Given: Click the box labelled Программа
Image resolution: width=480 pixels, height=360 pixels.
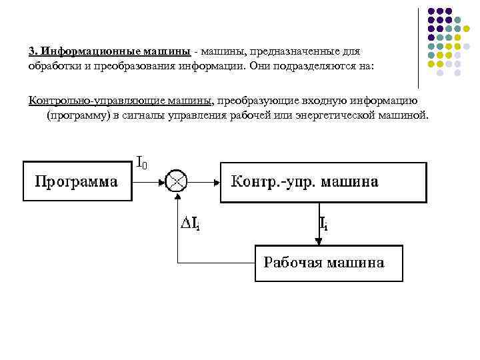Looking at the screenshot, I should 76,181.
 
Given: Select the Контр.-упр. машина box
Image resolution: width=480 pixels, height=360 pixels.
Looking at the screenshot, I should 323,181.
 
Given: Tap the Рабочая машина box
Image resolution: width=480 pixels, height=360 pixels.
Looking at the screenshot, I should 329,263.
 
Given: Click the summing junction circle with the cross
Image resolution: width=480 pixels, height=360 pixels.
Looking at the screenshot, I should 177,181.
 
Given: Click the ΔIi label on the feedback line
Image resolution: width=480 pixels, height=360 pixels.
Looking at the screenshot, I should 191,223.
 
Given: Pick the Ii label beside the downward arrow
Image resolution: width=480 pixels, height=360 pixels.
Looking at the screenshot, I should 323,223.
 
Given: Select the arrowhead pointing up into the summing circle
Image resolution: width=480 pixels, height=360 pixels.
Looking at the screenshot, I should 177,197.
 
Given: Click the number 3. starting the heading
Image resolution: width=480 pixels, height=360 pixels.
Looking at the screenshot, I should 33,51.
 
